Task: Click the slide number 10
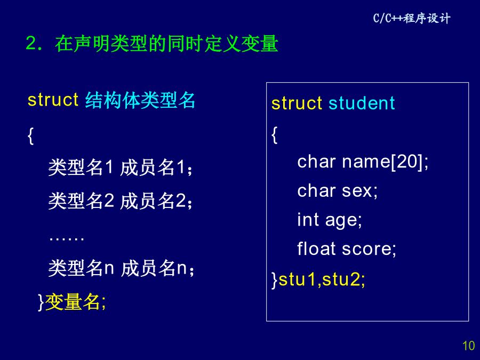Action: pos(468,346)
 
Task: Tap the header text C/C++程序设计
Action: pos(412,18)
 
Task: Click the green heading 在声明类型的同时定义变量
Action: pos(166,44)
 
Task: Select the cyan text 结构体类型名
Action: pos(140,100)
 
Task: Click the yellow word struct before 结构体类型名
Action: pos(53,100)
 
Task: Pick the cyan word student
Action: pos(362,103)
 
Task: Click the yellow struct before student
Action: pos(297,103)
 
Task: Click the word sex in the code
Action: pos(357,191)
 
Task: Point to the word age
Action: pos(341,221)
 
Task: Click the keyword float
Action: pos(316,248)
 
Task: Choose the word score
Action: pos(367,249)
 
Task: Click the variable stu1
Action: pos(297,279)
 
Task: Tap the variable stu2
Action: pos(341,279)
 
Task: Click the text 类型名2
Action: pos(81,201)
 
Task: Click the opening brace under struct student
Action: pos(275,135)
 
